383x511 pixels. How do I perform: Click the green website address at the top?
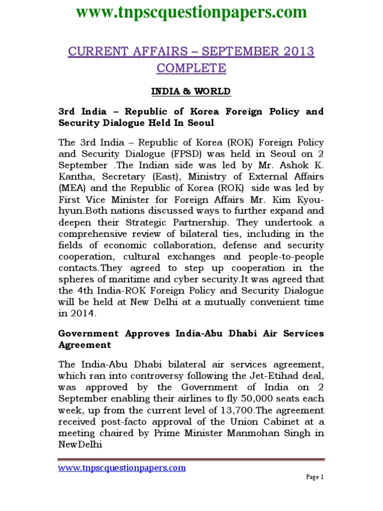click(x=191, y=12)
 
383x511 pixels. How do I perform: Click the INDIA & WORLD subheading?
click(x=191, y=92)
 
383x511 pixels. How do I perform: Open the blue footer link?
click(x=122, y=468)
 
